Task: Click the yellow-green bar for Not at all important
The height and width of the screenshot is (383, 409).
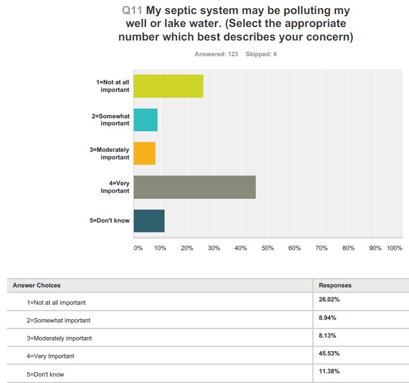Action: point(168,86)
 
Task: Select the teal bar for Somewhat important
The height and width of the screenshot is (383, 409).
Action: point(145,119)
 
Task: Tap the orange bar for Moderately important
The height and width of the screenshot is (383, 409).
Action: point(144,153)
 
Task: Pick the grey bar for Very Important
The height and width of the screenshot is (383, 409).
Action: point(194,187)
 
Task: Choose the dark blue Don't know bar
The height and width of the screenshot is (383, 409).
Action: point(148,220)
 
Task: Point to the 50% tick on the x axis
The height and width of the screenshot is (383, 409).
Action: point(268,248)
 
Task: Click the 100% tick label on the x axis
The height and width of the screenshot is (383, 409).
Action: point(394,248)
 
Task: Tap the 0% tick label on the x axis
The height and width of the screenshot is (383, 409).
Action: point(138,248)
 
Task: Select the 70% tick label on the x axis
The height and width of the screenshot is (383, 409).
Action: point(322,248)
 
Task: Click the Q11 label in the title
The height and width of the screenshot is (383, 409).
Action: point(133,11)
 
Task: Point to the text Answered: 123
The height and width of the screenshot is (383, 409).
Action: point(216,54)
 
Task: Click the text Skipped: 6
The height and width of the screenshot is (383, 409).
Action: point(261,54)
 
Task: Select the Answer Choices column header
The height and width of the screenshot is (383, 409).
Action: point(37,285)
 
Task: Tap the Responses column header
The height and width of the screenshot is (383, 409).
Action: point(335,285)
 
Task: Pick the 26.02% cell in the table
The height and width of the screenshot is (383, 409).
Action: point(329,299)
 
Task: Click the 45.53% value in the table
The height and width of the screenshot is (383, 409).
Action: point(329,353)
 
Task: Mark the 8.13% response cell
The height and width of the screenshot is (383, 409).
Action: point(328,335)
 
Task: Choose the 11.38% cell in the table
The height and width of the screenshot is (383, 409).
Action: point(329,371)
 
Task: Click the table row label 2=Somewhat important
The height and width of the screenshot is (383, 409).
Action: point(58,320)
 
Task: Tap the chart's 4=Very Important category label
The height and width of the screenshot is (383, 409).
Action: point(115,187)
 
